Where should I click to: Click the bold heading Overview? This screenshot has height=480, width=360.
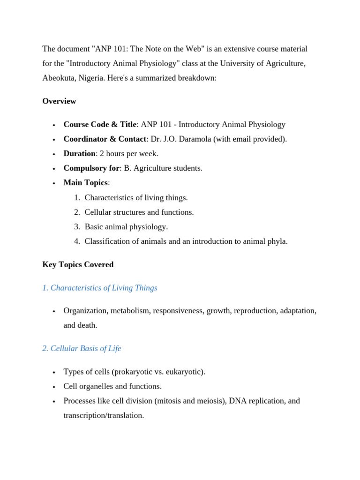(x=59, y=101)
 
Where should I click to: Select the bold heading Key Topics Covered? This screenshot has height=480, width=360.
(x=78, y=265)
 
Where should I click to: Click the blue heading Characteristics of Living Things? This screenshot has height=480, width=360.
(x=100, y=288)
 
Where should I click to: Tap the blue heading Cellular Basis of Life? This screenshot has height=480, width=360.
(x=82, y=349)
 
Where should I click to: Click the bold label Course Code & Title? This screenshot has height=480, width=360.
(x=100, y=125)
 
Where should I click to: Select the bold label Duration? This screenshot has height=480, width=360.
(x=79, y=154)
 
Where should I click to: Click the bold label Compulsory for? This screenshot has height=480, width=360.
(x=91, y=168)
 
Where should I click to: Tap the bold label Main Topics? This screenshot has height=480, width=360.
(x=85, y=183)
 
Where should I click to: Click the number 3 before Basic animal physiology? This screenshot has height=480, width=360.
(x=77, y=227)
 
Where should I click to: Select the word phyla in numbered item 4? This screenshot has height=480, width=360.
(x=277, y=241)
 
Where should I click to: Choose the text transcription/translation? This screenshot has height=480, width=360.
(x=104, y=415)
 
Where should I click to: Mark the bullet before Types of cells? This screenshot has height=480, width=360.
(x=55, y=373)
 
